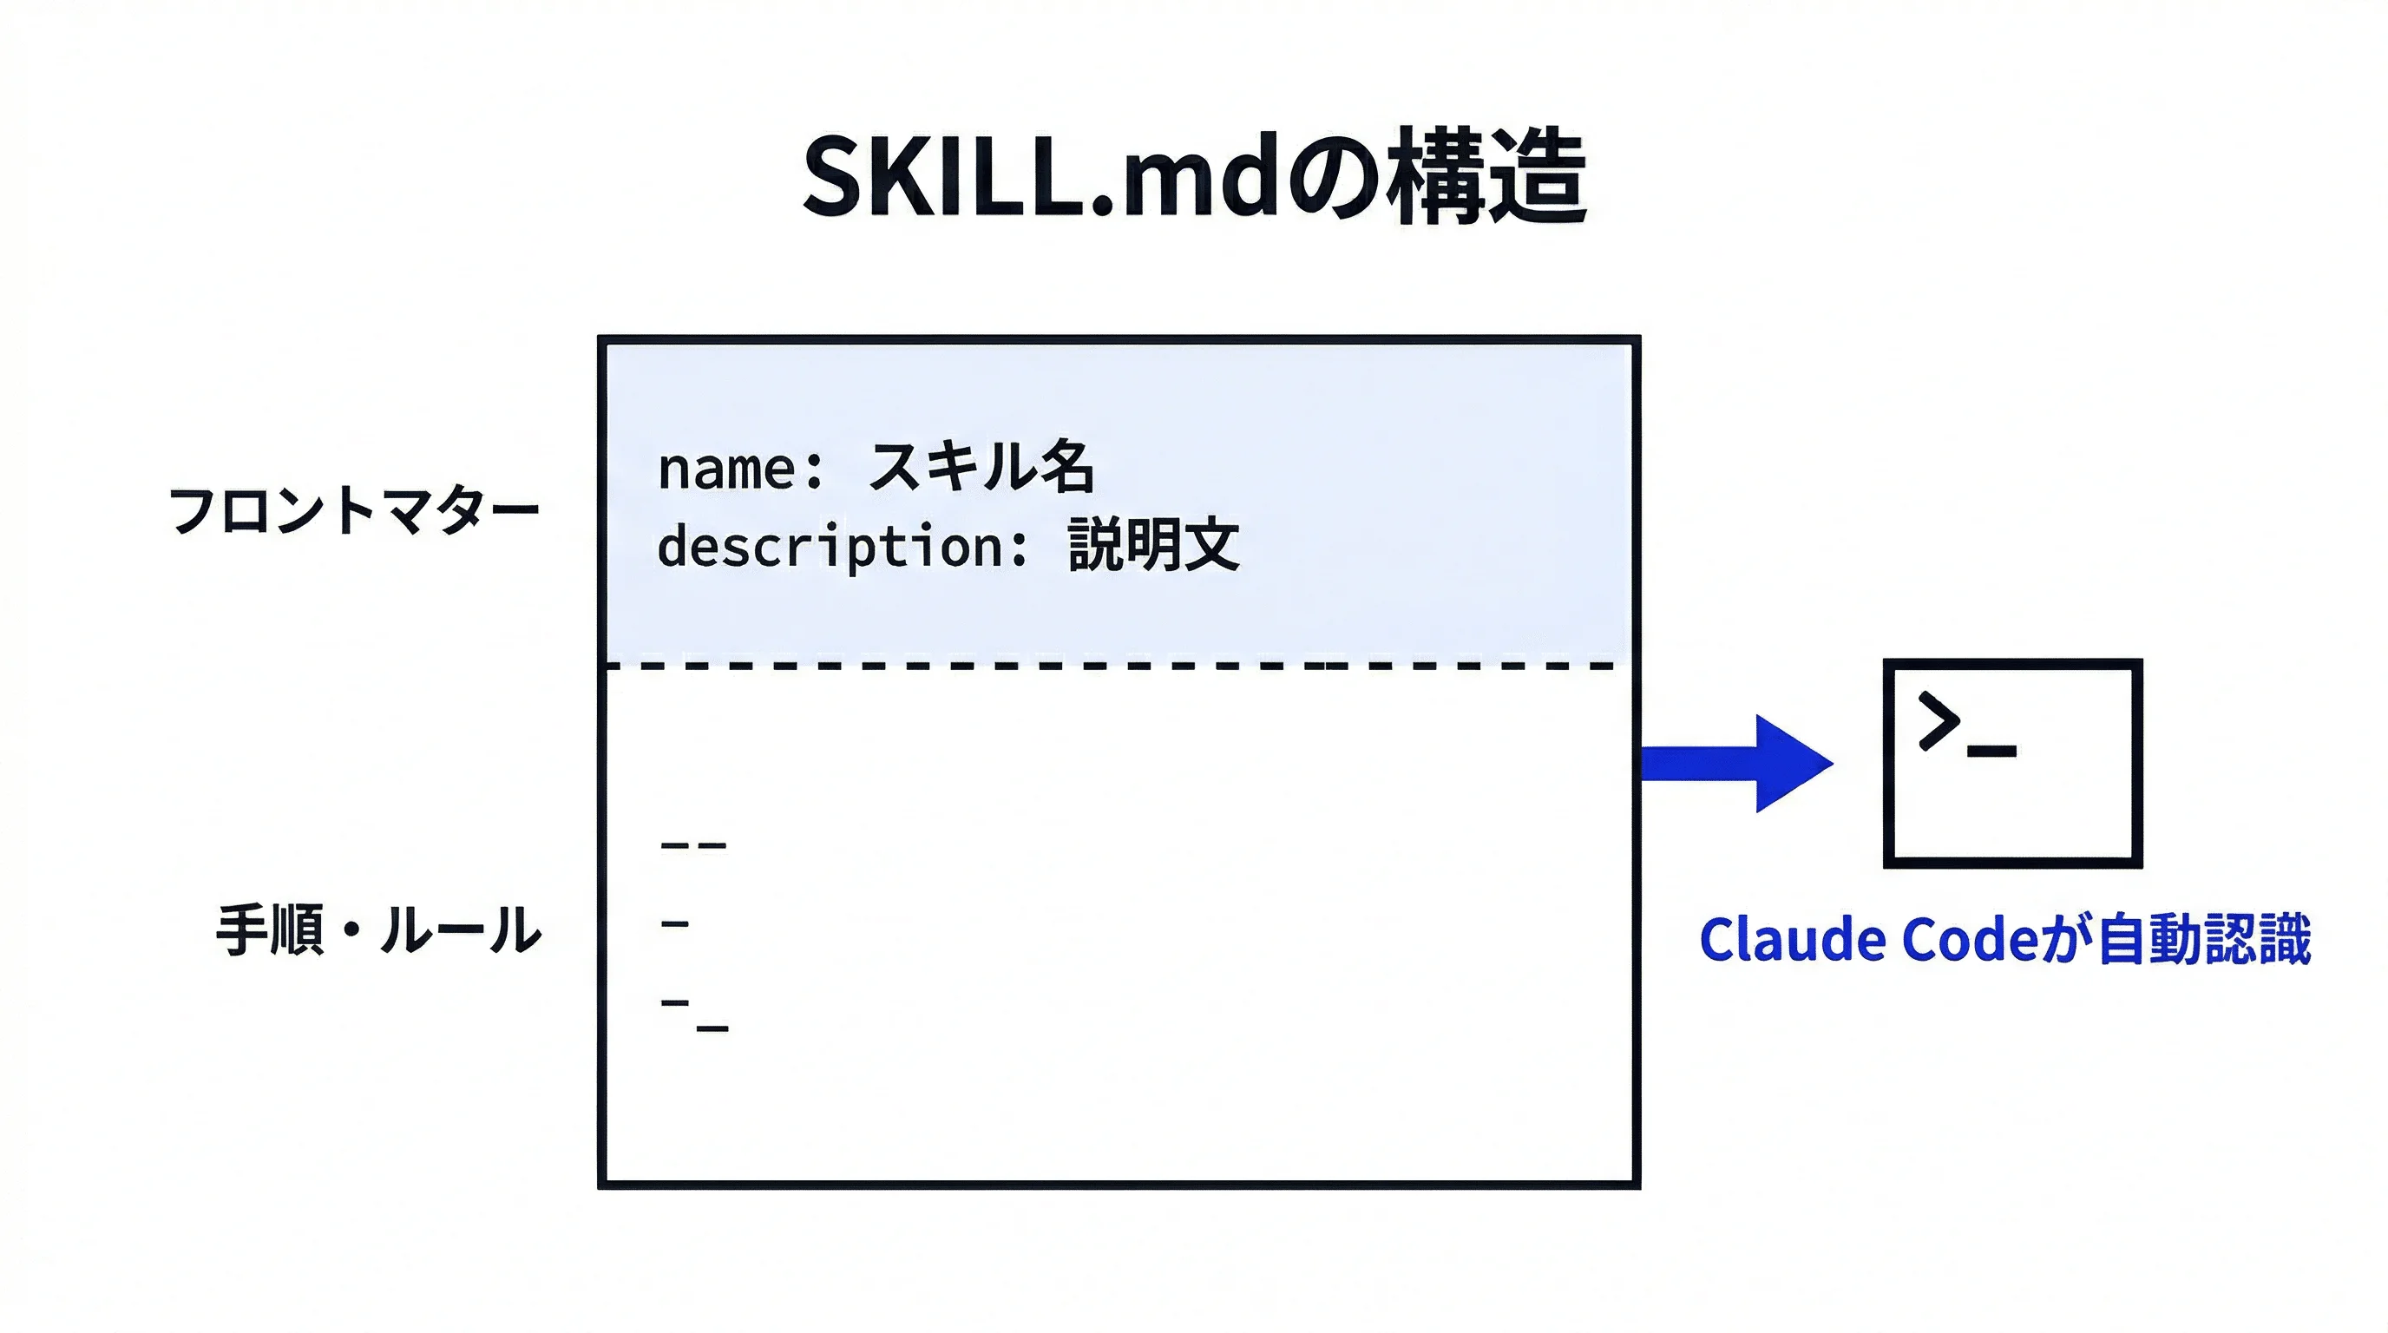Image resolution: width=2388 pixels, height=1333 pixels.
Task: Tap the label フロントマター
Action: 353,509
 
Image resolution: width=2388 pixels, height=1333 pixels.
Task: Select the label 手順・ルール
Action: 378,929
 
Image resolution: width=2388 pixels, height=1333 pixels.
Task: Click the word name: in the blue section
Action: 740,468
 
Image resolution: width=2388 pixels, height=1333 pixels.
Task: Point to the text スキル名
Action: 981,465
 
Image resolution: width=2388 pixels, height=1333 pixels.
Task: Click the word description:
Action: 842,546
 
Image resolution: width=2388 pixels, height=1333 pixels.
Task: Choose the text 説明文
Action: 1153,545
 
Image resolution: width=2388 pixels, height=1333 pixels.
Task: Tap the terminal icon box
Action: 2012,763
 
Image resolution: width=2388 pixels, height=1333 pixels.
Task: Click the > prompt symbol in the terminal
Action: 1939,719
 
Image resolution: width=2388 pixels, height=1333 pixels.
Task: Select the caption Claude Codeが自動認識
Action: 2004,939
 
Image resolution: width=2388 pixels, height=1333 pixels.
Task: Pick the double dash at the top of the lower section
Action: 693,845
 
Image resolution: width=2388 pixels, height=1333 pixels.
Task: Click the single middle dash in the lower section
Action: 675,923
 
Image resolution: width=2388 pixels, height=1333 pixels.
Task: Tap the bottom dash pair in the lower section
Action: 694,1015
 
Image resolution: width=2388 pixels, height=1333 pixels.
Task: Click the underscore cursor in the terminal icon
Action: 1991,751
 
